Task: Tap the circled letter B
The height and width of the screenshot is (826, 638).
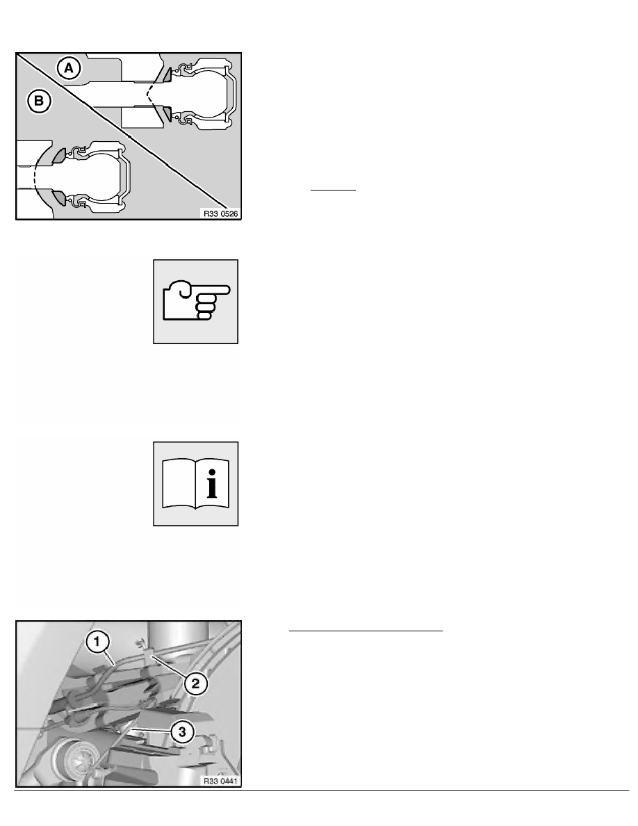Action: point(39,102)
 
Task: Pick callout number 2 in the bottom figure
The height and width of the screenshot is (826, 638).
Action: point(195,683)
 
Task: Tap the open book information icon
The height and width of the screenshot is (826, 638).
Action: point(195,483)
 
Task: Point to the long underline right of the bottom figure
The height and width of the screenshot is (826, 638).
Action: point(366,631)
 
